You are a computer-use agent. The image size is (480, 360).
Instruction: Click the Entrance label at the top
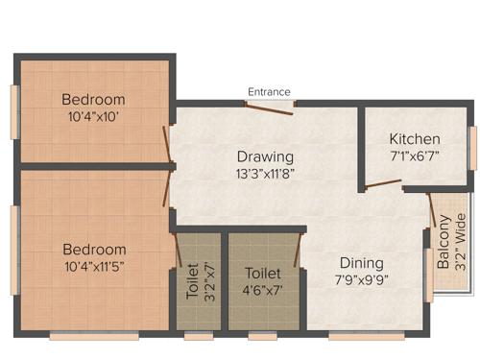click(x=269, y=91)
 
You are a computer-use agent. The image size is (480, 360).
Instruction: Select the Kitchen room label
click(x=415, y=138)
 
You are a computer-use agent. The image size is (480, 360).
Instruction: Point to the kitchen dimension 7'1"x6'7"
click(x=415, y=156)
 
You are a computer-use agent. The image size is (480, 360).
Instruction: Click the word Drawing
click(x=266, y=156)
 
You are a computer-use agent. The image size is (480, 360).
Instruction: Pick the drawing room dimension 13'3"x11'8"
click(x=266, y=175)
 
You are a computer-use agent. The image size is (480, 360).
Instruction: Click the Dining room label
click(x=360, y=262)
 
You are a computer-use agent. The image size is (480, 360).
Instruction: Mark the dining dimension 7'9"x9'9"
click(x=360, y=280)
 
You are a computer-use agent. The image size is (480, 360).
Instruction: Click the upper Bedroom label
click(x=93, y=99)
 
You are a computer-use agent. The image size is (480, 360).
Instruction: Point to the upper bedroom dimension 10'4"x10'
click(x=93, y=117)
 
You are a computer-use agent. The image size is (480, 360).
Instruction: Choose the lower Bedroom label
click(x=93, y=249)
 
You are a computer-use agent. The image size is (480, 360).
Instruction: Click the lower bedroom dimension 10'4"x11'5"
click(x=93, y=267)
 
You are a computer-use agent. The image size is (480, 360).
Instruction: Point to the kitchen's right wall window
click(x=472, y=147)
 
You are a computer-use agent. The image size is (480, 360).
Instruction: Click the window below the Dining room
click(x=352, y=336)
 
